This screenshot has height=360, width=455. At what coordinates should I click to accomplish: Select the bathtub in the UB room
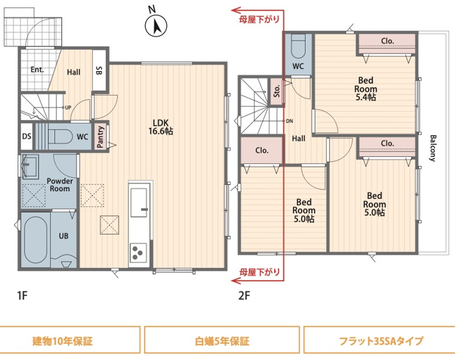[x=36, y=239]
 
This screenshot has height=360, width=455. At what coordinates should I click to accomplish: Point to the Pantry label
[x=100, y=137]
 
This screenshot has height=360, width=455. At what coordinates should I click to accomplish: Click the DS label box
[x=26, y=136]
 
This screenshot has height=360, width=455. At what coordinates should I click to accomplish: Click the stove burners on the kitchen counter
[x=137, y=252]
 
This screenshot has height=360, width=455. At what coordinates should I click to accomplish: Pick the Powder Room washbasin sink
[x=30, y=167]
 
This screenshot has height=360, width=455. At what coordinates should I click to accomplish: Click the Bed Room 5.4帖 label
[x=366, y=89]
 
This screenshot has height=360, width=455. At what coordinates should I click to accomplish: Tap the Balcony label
[x=433, y=148]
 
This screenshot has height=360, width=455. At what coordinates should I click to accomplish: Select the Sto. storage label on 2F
[x=276, y=91]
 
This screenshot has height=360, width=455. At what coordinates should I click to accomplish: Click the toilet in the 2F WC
[x=298, y=47]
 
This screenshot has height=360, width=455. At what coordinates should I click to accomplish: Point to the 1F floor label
[x=22, y=295]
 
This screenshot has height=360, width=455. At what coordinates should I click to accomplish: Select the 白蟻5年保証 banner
[x=221, y=342]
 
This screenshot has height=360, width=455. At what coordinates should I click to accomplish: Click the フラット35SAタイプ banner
[x=380, y=342]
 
